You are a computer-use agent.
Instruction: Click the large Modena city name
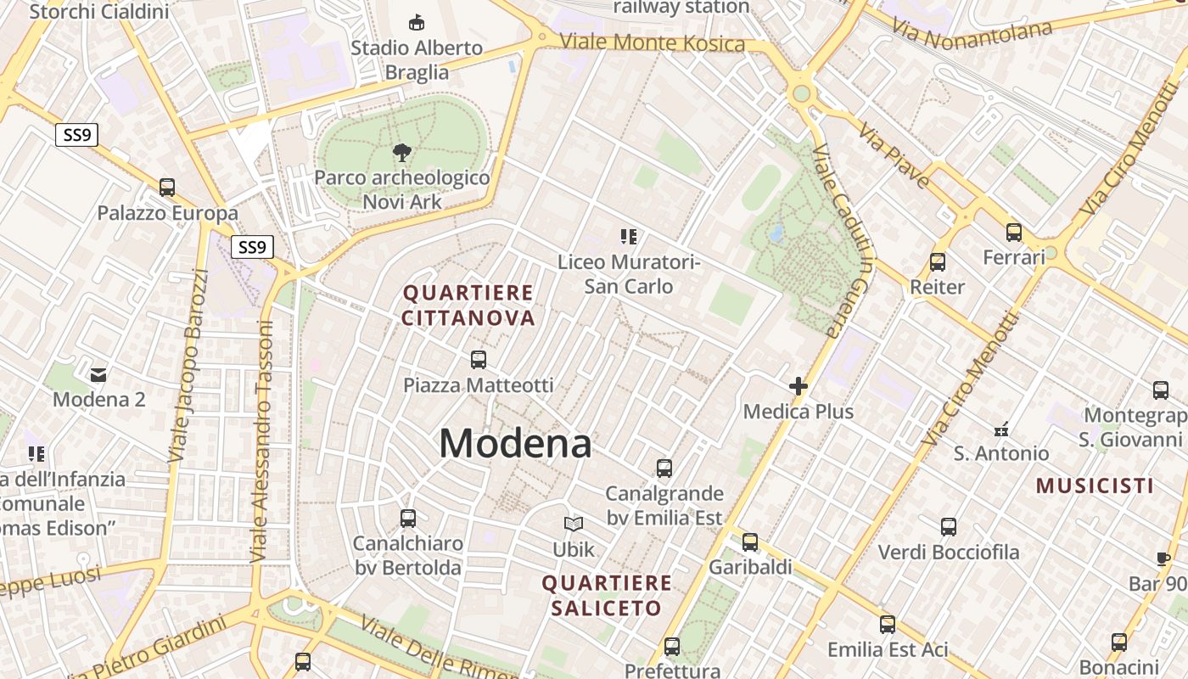515,443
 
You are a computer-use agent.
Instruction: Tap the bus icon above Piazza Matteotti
479,359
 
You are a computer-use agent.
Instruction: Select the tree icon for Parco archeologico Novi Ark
402,153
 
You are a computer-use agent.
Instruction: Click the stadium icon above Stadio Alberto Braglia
417,22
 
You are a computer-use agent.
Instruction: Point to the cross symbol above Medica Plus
799,386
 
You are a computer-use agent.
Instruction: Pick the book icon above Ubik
574,525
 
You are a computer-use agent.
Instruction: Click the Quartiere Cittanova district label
468,306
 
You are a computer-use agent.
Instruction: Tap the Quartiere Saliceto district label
606,596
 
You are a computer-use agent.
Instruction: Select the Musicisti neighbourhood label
1095,486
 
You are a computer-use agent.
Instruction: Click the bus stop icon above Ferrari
1014,232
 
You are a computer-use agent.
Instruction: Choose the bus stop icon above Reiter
938,262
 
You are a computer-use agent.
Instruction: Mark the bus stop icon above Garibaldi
750,542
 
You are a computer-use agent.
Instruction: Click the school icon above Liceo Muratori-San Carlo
629,237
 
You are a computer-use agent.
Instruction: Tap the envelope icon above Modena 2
99,373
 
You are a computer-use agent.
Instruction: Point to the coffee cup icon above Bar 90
1163,558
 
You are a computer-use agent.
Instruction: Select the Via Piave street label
894,155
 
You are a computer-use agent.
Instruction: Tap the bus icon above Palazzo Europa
167,188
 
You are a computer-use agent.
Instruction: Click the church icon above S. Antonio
1002,429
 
